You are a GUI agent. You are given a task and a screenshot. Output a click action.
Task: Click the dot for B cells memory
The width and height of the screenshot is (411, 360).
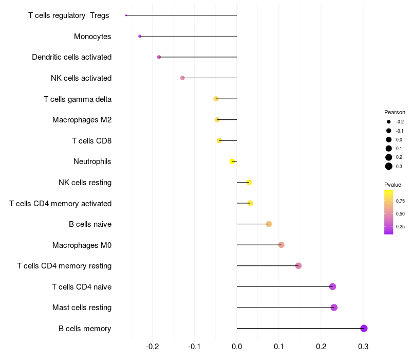point(364,328)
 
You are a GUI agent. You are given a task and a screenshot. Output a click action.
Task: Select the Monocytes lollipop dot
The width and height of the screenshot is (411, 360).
point(140,36)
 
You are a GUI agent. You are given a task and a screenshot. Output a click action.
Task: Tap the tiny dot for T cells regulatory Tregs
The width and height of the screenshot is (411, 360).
point(126,15)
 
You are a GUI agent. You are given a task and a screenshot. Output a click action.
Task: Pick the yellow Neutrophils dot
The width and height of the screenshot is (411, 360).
point(232,161)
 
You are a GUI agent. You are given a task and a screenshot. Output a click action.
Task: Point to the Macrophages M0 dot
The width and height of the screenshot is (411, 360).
point(281,245)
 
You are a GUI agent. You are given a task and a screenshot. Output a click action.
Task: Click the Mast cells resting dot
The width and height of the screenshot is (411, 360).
point(334,307)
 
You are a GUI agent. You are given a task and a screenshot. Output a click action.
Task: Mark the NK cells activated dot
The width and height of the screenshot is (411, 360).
point(182,78)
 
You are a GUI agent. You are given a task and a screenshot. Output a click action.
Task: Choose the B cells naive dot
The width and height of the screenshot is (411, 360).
point(269,224)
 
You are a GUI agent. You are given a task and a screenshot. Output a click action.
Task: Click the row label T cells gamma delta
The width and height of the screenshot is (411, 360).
point(78,99)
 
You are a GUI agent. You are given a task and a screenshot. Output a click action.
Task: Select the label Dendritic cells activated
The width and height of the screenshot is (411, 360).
point(72,57)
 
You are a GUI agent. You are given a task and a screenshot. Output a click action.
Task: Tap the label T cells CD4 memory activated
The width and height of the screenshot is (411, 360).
point(61,204)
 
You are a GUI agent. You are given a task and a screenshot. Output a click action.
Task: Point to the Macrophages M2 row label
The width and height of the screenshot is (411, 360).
point(82,120)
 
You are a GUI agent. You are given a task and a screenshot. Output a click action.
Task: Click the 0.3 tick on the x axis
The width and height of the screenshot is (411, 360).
point(363,347)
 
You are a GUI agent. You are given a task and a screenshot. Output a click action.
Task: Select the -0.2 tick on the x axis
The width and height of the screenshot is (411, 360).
point(152,347)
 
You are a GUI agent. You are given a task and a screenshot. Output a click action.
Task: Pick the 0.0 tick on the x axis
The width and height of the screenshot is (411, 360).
point(237,347)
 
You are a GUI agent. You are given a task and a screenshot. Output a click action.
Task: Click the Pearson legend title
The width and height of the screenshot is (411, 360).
point(395,112)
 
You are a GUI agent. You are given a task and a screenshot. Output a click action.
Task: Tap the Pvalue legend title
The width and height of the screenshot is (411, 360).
point(393,185)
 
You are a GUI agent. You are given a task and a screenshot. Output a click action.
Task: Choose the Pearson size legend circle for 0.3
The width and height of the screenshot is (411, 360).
point(389,166)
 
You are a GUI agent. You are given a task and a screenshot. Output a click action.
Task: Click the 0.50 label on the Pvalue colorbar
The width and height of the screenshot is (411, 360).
point(400,214)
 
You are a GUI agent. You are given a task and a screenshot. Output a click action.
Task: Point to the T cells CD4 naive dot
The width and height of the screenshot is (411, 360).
point(332,286)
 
